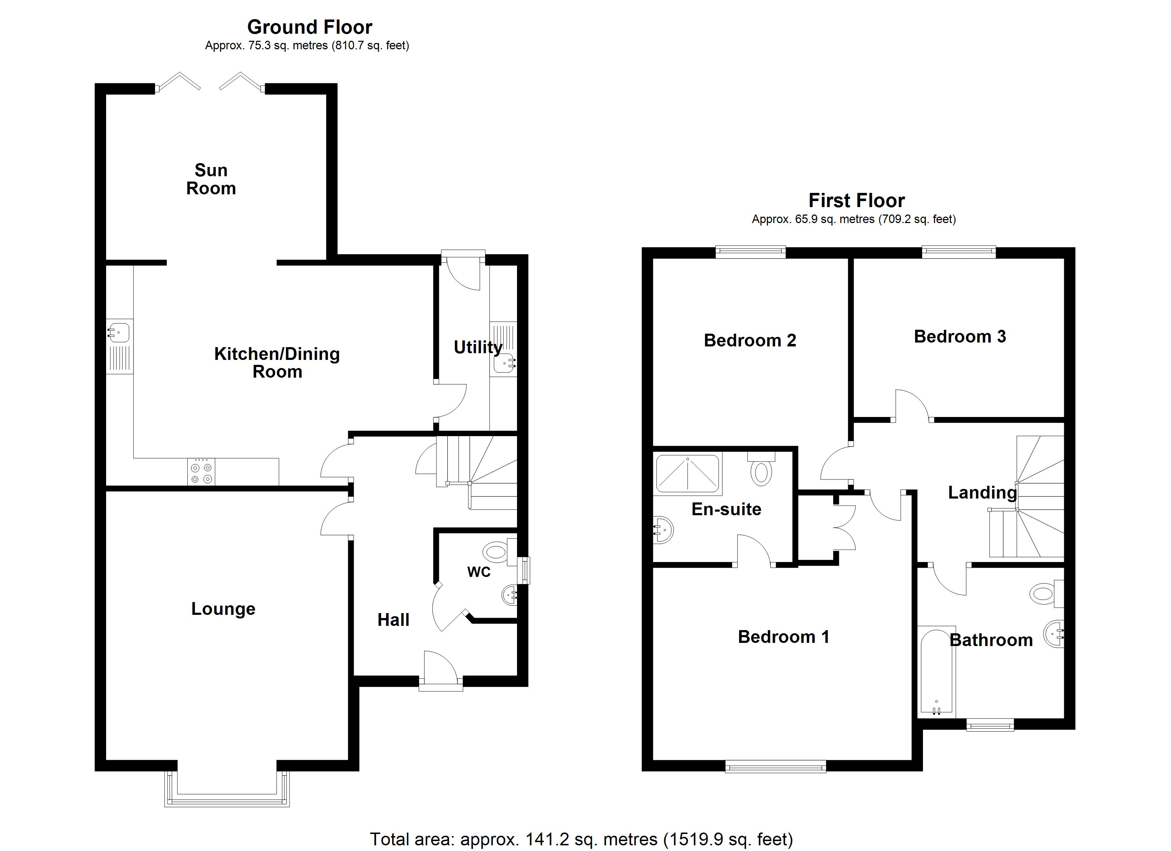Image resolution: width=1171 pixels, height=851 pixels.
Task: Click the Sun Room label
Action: [211, 179]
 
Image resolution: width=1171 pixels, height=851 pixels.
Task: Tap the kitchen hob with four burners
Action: [201, 472]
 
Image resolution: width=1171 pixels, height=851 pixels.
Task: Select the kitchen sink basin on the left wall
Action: [119, 332]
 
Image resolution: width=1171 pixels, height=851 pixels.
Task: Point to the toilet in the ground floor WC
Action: [497, 552]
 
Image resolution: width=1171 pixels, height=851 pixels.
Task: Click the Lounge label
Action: [223, 609]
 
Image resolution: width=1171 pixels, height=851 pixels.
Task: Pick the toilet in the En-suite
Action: [761, 469]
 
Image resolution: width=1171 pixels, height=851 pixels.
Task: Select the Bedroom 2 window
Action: [750, 252]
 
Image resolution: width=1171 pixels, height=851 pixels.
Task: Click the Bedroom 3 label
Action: [960, 336]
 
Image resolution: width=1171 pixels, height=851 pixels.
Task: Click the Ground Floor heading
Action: [309, 27]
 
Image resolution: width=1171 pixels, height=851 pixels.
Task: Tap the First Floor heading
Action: [857, 200]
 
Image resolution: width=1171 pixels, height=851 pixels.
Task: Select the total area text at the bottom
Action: [581, 839]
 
